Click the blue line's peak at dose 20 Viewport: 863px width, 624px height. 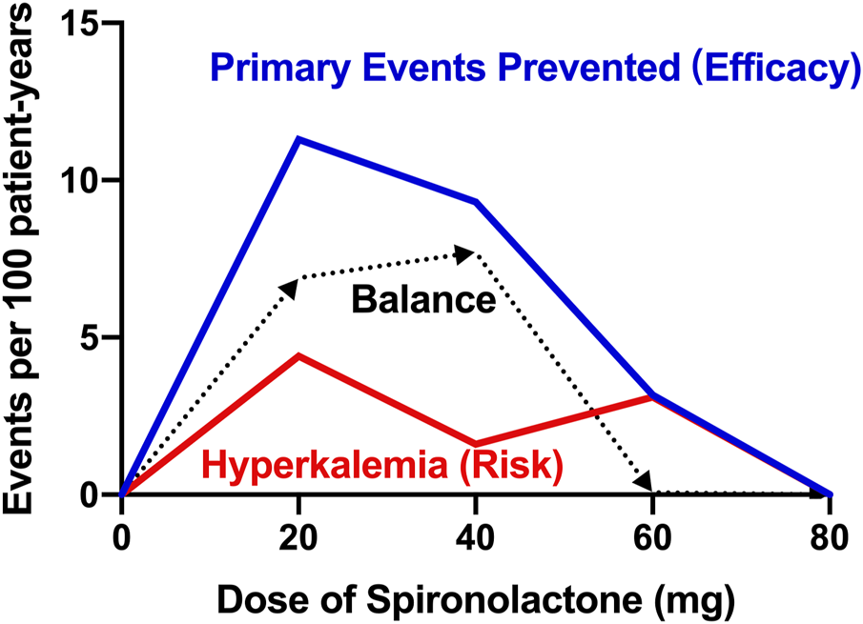pyautogui.click(x=298, y=139)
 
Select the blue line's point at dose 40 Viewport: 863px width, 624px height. pyautogui.click(x=476, y=202)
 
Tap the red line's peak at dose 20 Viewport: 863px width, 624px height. pyautogui.click(x=298, y=355)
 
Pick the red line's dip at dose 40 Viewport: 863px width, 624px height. pyautogui.click(x=476, y=444)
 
